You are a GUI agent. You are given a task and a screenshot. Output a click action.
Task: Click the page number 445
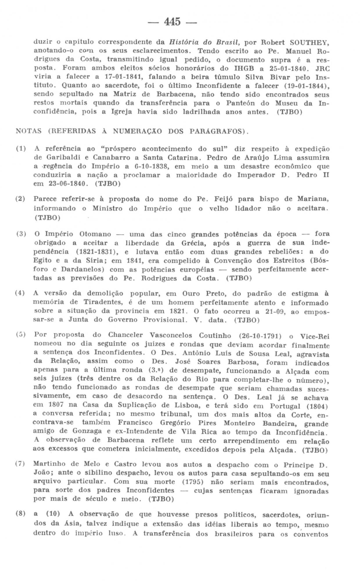pyautogui.click(x=172, y=21)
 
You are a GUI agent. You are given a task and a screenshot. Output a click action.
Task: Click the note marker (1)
pyautogui.click(x=21, y=149)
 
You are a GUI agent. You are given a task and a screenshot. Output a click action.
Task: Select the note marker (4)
pyautogui.click(x=20, y=293)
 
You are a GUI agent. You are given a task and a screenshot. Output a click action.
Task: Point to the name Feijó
pyautogui.click(x=224, y=199)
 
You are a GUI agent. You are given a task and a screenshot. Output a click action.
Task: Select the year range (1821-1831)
pyautogui.click(x=97, y=252)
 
